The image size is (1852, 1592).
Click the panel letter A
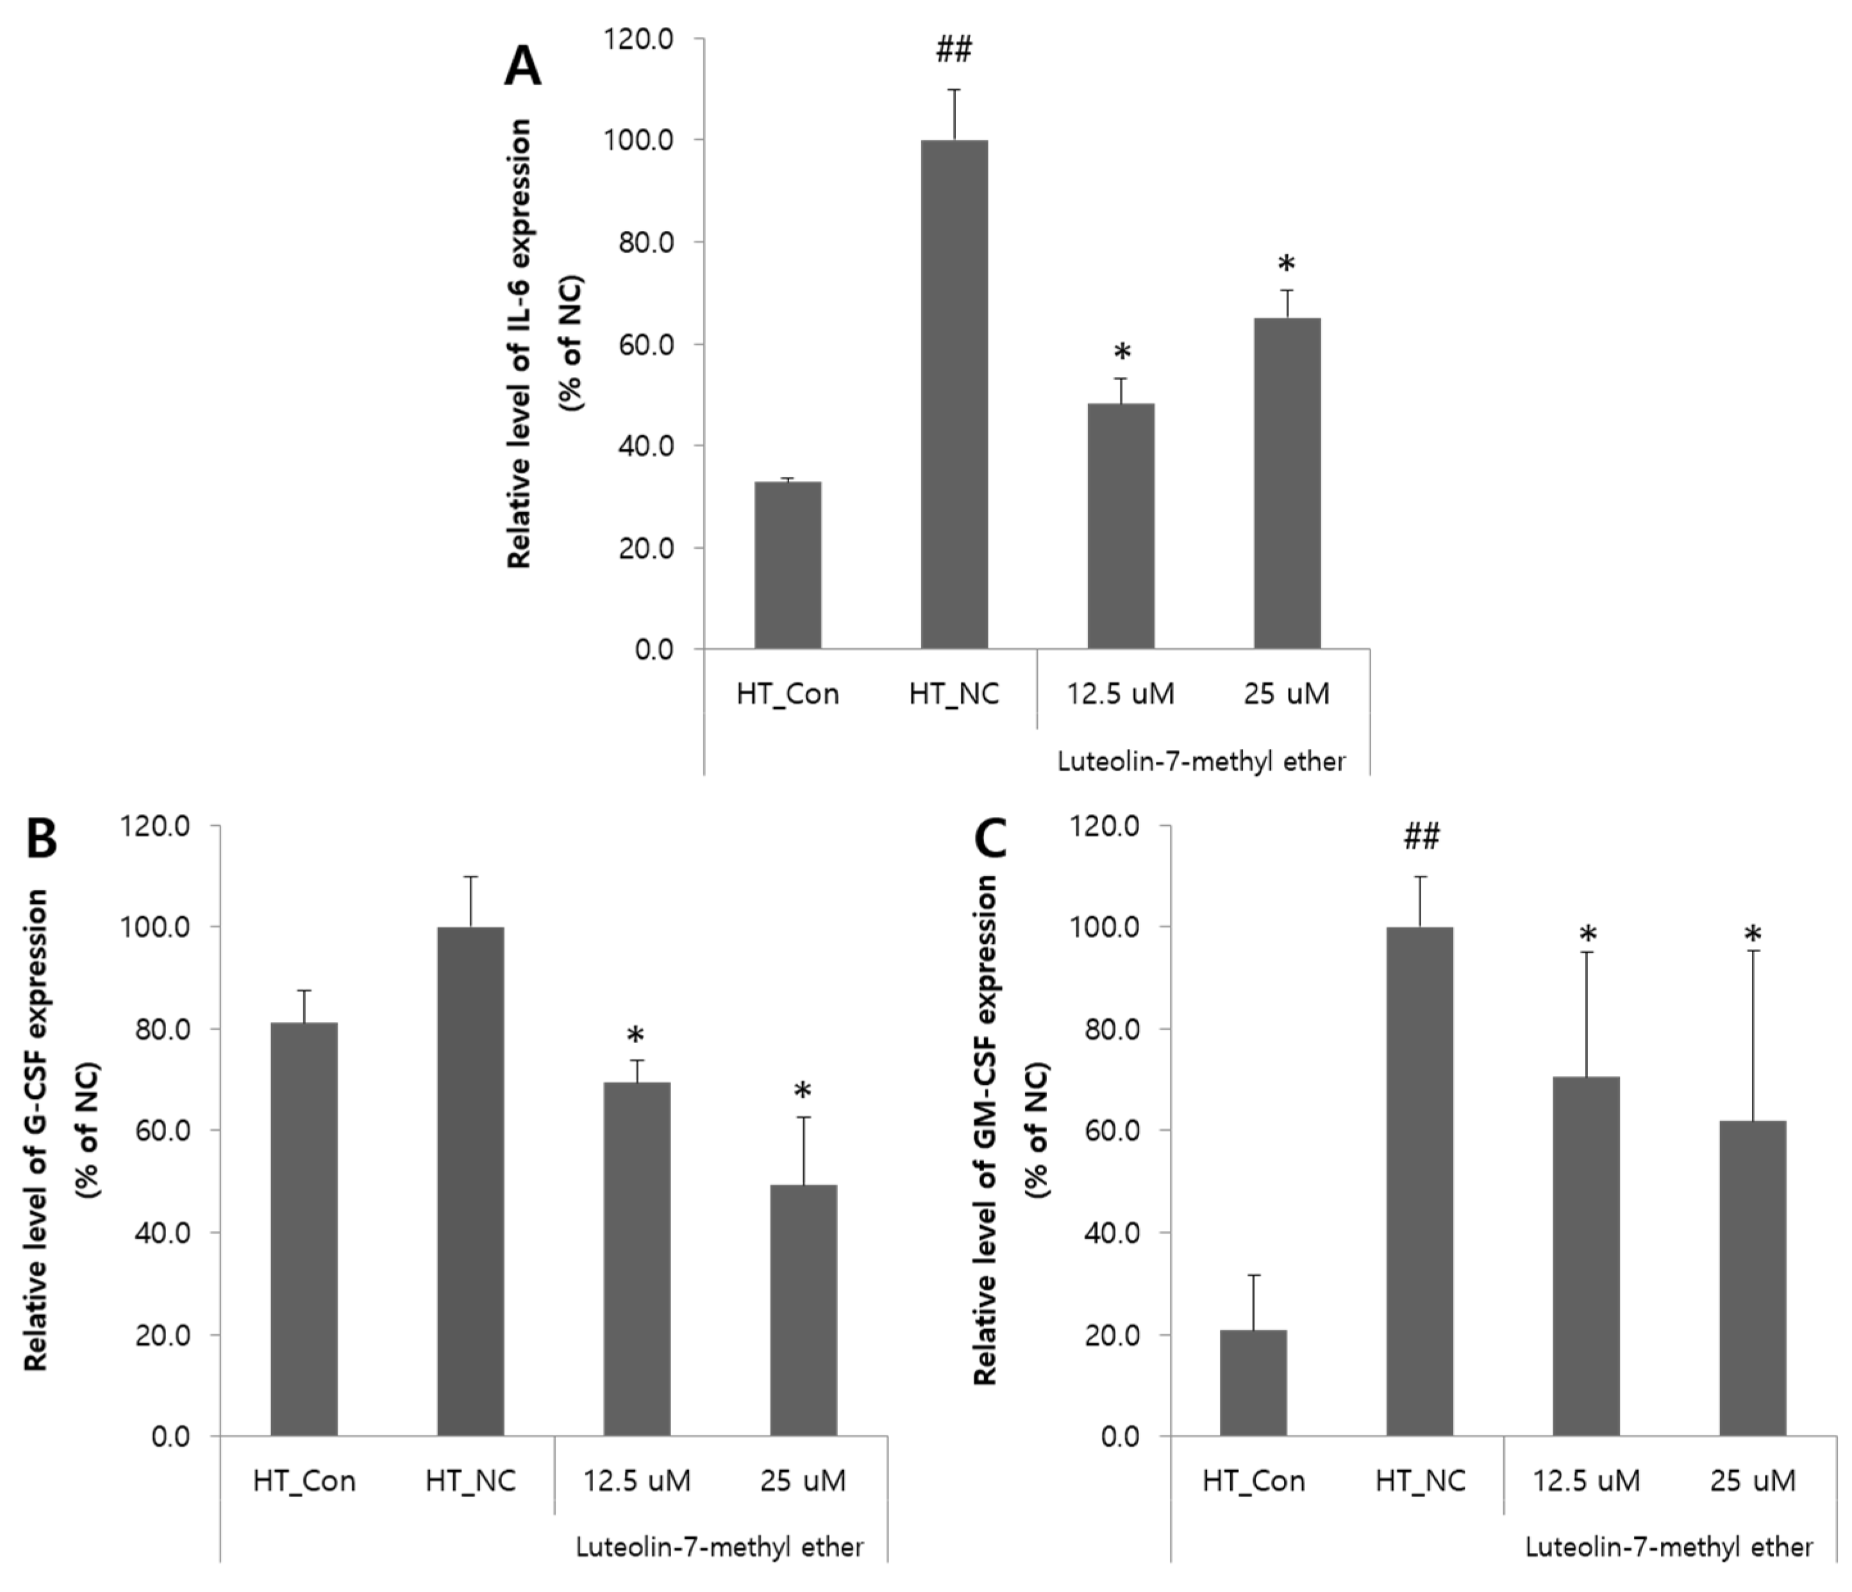[523, 67]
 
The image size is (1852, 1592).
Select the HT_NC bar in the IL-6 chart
[954, 393]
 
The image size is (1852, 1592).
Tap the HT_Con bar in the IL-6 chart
[787, 565]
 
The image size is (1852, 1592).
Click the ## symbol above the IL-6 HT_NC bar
[954, 50]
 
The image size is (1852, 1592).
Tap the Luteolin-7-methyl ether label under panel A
[1201, 762]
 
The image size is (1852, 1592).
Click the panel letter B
[41, 841]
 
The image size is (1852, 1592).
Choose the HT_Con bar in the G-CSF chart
[304, 1229]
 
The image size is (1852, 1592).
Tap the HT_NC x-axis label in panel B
[470, 1481]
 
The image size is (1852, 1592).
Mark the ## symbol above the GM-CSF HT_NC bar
[1421, 837]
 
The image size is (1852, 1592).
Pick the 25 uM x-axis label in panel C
[1752, 1481]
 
